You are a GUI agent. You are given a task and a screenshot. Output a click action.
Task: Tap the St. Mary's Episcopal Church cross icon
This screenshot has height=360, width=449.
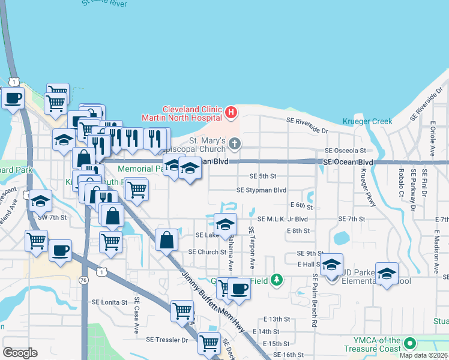tap(235, 143)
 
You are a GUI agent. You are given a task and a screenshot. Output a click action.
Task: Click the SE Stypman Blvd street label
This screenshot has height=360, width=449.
tap(261, 190)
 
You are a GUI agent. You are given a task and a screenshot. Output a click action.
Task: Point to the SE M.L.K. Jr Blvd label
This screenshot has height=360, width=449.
tap(282, 219)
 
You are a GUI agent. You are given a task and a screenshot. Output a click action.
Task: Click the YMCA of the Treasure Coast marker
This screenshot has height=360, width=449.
tap(411, 344)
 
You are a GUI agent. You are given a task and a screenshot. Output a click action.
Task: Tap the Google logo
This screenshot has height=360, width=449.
tap(20, 352)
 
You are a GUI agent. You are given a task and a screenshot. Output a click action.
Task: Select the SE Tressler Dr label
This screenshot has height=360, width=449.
tap(167, 340)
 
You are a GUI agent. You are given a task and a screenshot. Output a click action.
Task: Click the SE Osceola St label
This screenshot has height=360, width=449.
tap(345, 151)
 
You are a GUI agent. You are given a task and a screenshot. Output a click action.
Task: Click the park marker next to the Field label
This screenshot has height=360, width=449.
tap(276, 280)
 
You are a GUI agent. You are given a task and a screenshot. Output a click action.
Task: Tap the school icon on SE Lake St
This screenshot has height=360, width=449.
tap(225, 224)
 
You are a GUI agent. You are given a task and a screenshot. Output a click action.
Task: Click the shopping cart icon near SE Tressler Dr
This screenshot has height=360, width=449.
tap(208, 343)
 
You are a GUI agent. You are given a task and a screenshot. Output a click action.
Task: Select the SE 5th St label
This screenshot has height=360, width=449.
tap(262, 176)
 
